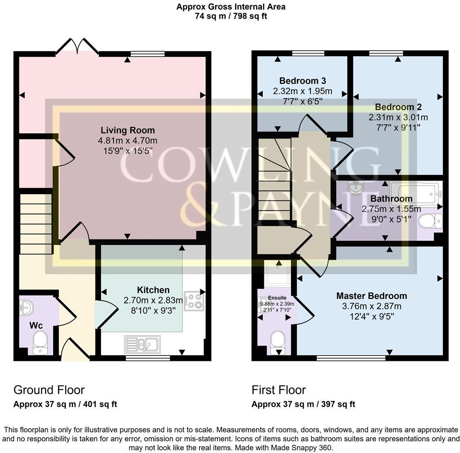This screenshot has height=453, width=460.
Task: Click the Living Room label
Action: pos(128,130)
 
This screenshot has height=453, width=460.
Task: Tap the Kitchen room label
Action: pos(153,290)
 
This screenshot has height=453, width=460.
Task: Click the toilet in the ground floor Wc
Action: pos(40,342)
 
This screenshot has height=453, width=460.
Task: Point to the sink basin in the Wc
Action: pos(26,308)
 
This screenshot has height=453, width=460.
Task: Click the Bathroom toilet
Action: pos(432,221)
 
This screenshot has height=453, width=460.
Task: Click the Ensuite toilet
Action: pos(278,341)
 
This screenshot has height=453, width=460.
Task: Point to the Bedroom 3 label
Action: pos(302,81)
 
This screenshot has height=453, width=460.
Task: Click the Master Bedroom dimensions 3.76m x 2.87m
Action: pos(372,306)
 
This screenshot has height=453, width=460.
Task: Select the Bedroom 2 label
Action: pos(398,107)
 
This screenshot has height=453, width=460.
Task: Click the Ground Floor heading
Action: pos(49,390)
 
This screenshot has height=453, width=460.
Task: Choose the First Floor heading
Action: pos(279,390)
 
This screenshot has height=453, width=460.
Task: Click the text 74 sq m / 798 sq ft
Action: pos(231,16)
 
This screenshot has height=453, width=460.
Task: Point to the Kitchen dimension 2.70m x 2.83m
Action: pos(153,300)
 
